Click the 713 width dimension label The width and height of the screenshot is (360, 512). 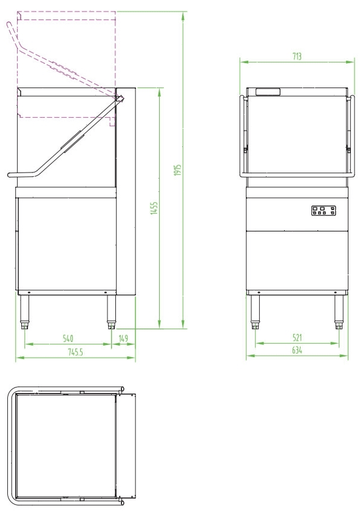pos(296,56)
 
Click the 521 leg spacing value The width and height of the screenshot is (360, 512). pos(297,338)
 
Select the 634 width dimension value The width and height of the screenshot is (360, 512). pos(297,350)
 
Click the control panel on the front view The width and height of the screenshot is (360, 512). pos(324,210)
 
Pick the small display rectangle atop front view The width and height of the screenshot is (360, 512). pos(268,92)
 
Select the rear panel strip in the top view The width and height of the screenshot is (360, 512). pos(126,448)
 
